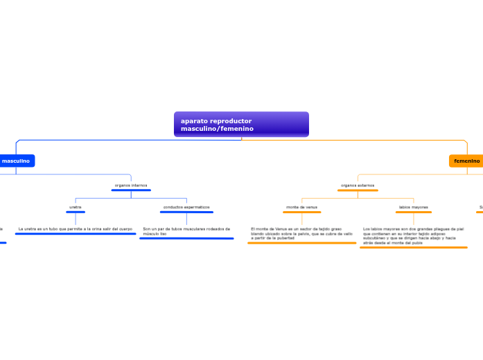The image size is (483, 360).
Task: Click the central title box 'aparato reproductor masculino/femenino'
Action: click(x=241, y=125)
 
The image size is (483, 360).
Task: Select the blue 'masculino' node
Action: click(x=16, y=161)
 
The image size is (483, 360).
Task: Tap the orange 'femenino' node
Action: click(x=466, y=161)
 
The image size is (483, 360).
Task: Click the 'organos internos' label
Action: click(x=131, y=186)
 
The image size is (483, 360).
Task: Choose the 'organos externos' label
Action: click(x=358, y=186)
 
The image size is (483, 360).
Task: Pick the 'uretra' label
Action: click(x=76, y=207)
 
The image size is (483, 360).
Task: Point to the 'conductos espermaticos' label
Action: click(x=186, y=207)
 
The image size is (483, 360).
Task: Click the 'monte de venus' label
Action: click(x=301, y=207)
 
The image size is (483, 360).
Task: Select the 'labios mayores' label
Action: click(x=414, y=207)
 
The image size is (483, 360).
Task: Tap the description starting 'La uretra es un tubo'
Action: click(x=75, y=228)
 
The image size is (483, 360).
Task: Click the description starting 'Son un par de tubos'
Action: click(x=186, y=231)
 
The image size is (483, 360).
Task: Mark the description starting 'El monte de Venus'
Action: click(x=301, y=233)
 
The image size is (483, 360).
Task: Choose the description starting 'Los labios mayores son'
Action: click(x=413, y=235)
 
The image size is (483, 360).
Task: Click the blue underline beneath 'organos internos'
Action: click(x=131, y=190)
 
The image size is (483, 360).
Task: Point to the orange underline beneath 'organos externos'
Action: click(x=358, y=190)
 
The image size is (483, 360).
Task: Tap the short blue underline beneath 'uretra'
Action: click(x=76, y=212)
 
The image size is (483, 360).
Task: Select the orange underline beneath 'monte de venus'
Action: click(x=301, y=212)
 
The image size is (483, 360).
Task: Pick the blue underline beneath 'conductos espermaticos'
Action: click(x=186, y=212)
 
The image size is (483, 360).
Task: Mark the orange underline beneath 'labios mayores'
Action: click(x=414, y=212)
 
